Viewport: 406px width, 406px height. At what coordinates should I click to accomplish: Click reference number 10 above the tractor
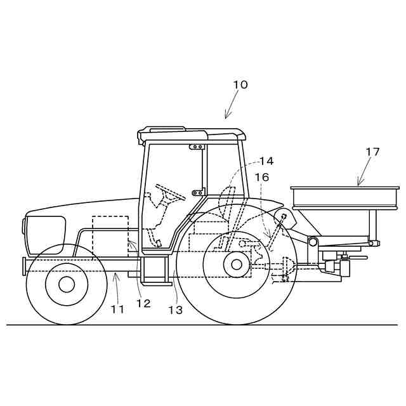(240, 84)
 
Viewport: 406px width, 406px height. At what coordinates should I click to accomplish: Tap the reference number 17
(372, 152)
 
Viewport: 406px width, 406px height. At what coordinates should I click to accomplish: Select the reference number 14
(266, 161)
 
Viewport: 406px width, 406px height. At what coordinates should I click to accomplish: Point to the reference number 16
(262, 177)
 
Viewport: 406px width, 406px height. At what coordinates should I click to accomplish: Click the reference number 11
(117, 309)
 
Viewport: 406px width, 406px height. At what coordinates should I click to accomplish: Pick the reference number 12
(143, 303)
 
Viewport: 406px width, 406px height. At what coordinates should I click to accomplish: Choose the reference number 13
(175, 310)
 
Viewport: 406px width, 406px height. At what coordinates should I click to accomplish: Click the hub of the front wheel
(66, 284)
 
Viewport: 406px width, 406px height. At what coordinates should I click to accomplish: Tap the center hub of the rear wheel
(236, 264)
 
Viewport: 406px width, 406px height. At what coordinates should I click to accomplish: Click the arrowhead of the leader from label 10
(226, 117)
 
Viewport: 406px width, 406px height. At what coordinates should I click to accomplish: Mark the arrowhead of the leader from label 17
(358, 185)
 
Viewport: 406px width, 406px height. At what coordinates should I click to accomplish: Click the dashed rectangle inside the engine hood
(110, 235)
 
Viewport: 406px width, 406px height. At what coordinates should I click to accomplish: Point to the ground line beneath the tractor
(203, 325)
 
